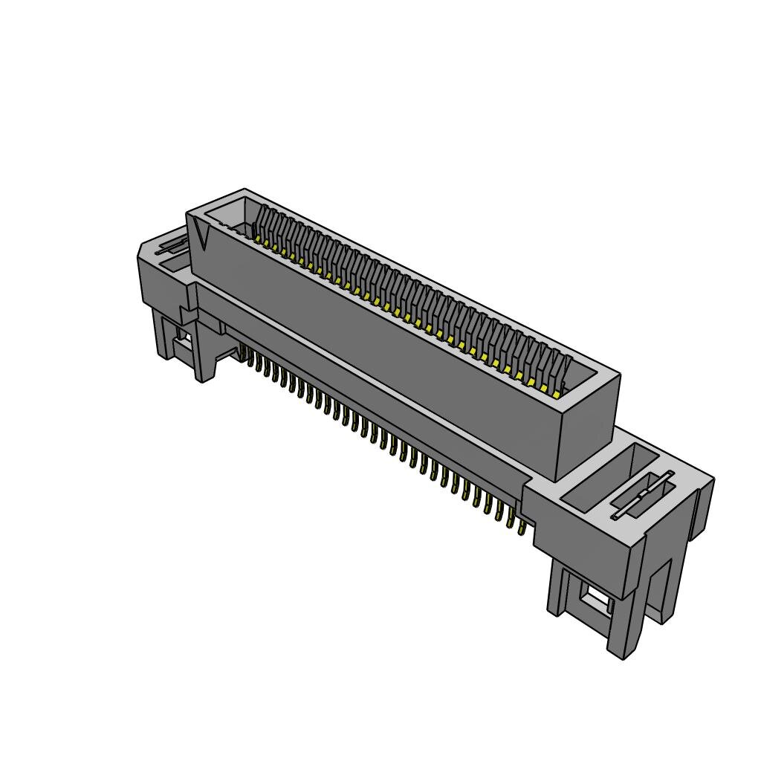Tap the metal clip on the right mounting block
click(643, 494)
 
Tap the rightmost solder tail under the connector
click(521, 528)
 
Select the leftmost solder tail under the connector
click(243, 352)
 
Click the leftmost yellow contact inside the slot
click(258, 239)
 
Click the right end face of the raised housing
click(589, 427)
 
